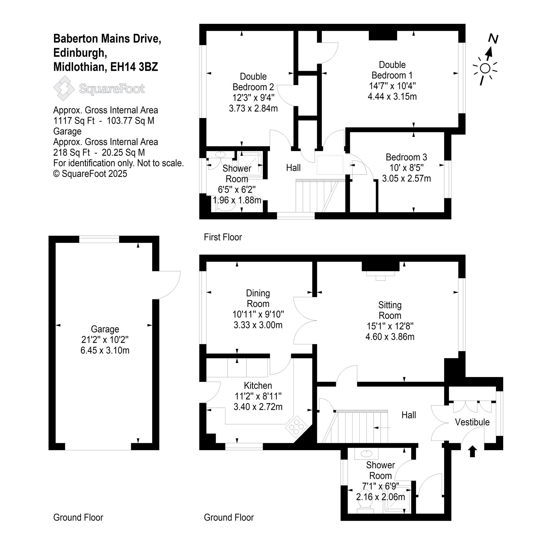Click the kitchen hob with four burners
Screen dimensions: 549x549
click(295, 425)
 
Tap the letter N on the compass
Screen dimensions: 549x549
click(493, 39)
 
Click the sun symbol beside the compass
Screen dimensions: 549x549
click(485, 69)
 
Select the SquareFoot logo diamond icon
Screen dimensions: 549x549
click(64, 88)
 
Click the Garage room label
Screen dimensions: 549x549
click(105, 329)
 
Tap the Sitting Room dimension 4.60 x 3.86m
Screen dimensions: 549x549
click(390, 337)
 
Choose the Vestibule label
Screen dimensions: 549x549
click(472, 422)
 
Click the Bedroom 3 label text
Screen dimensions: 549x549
click(406, 157)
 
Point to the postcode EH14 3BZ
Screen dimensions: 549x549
click(134, 67)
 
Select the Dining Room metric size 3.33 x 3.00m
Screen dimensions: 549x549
click(258, 325)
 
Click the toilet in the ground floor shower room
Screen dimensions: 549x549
click(365, 507)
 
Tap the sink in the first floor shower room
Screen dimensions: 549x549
click(220, 155)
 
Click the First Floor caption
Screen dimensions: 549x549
click(223, 237)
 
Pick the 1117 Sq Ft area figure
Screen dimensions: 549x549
click(74, 121)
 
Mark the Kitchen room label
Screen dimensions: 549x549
click(258, 386)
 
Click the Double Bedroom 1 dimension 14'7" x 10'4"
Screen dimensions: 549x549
click(392, 86)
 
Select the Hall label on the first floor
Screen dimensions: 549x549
click(293, 167)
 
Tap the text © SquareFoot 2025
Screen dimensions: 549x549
click(90, 174)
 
